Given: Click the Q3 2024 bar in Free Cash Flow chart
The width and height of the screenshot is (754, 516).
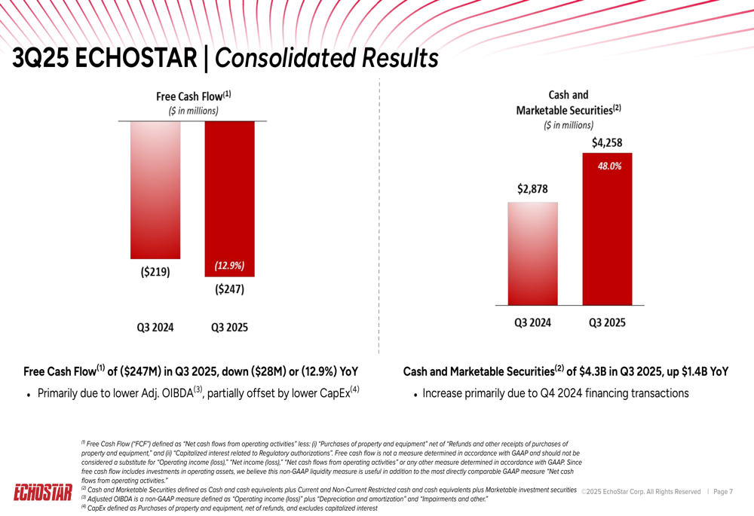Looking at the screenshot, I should point(155,188).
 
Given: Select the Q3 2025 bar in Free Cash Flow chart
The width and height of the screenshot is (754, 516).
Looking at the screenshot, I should point(230,188).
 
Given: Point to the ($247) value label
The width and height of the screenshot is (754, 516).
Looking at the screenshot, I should point(230,289).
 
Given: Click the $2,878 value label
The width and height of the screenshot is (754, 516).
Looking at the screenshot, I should point(532,190).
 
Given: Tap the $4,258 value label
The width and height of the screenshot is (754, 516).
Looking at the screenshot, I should point(607,142).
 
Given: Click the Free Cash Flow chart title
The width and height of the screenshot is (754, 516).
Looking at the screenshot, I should point(193,96).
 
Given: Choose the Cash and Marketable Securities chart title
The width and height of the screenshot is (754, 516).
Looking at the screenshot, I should point(569,102).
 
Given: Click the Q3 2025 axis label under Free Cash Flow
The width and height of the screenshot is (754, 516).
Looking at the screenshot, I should point(229,328).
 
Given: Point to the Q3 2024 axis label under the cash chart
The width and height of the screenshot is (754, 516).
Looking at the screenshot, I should point(532,322).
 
